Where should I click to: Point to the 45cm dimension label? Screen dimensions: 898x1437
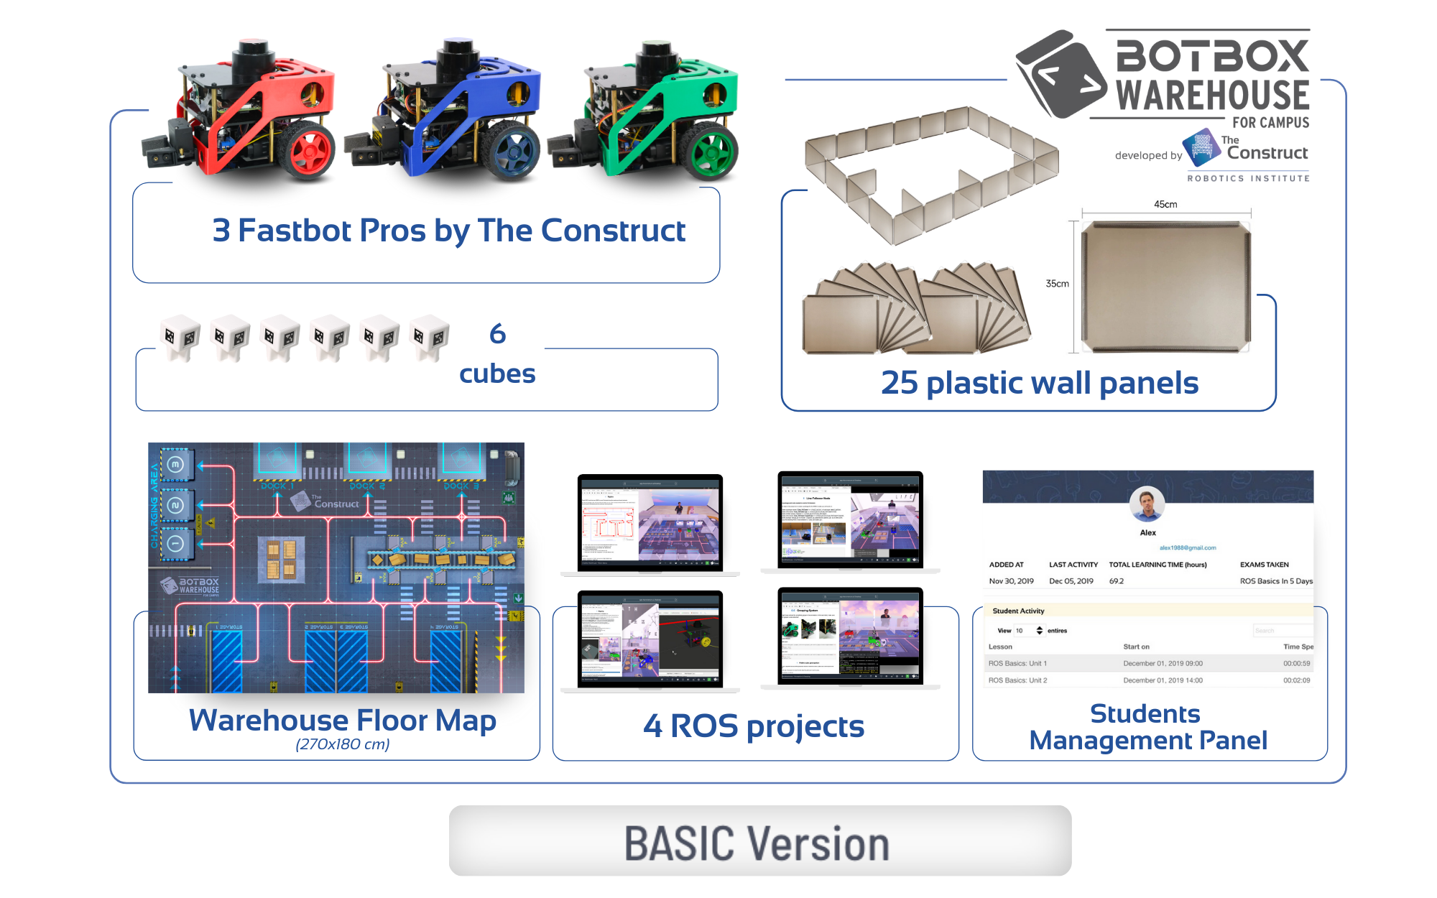1165,205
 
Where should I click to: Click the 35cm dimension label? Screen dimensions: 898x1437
1057,284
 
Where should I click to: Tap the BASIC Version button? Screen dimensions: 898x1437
759,841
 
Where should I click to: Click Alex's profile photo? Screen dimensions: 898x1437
1147,504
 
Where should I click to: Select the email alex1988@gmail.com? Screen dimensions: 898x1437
1188,547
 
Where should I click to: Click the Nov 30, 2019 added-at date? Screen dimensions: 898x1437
1011,581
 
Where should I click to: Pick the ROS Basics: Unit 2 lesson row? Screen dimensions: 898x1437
1017,680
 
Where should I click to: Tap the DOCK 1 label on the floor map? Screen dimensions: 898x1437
277,486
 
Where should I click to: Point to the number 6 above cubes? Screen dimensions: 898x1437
497,334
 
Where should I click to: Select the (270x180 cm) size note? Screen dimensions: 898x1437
343,744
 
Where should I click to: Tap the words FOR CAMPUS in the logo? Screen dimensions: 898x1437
1270,123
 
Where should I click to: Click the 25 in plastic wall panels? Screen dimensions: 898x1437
899,383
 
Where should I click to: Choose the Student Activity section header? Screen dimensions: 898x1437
1018,611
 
